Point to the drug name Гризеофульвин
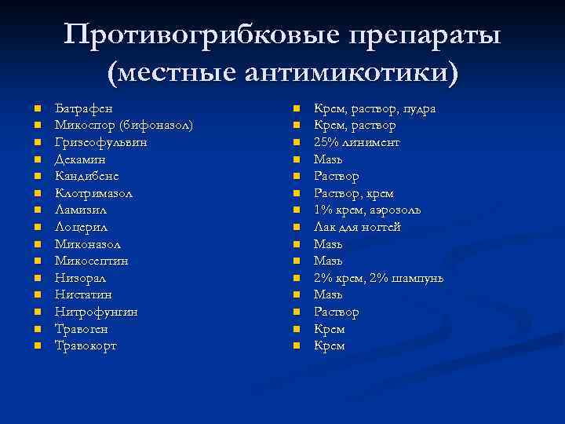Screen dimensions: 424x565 pyautogui.click(x=100, y=142)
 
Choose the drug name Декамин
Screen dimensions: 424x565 pyautogui.click(x=81, y=159)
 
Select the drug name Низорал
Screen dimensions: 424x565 pyautogui.click(x=80, y=278)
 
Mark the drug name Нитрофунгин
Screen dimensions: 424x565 pyautogui.click(x=96, y=312)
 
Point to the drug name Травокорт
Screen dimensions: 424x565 pyautogui.click(x=86, y=345)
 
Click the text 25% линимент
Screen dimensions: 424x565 pyautogui.click(x=356, y=142)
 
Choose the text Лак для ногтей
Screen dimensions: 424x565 pyautogui.click(x=357, y=227)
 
